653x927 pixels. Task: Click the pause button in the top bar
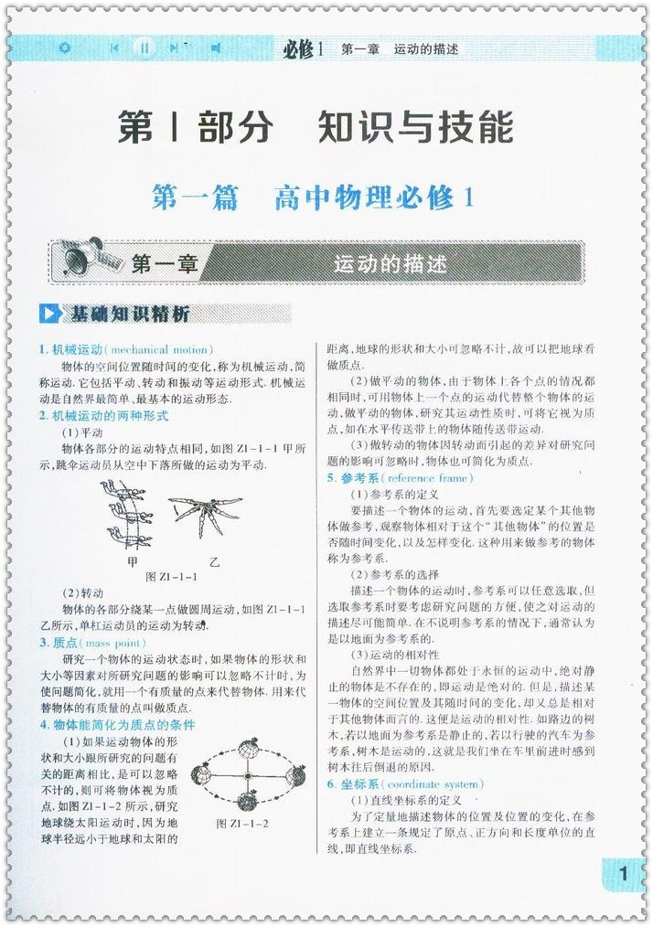tap(144, 48)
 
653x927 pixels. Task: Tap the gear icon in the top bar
tap(63, 48)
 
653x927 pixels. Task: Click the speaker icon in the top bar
tap(216, 48)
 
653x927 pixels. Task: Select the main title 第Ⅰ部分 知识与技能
tap(316, 127)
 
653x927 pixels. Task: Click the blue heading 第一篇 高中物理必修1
tap(315, 197)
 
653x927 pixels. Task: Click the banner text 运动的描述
tap(391, 264)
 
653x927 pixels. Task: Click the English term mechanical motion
tap(160, 349)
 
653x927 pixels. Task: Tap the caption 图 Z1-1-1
tap(171, 577)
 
